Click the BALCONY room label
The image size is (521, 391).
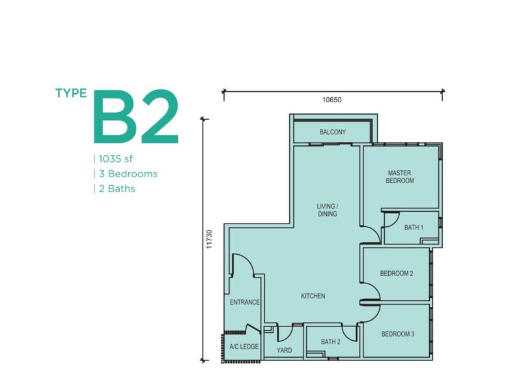pyautogui.click(x=333, y=132)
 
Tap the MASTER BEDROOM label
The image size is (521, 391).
pyautogui.click(x=400, y=177)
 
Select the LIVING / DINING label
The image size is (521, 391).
pyautogui.click(x=328, y=210)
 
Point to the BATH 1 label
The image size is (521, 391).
pyautogui.click(x=414, y=227)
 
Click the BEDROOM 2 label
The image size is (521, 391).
pyautogui.click(x=397, y=273)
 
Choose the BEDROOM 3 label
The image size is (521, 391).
pyautogui.click(x=398, y=334)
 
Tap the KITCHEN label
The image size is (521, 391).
pyautogui.click(x=313, y=296)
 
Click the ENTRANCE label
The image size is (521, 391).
pyautogui.click(x=245, y=302)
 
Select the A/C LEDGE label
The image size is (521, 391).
pyautogui.click(x=244, y=347)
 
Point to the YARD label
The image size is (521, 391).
pyautogui.click(x=285, y=350)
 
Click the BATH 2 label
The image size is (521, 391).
pyautogui.click(x=331, y=341)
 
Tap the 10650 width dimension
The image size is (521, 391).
pyautogui.click(x=331, y=100)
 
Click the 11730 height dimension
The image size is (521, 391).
pyautogui.click(x=209, y=239)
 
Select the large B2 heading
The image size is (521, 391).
pyautogui.click(x=137, y=117)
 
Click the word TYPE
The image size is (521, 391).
pyautogui.click(x=71, y=93)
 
